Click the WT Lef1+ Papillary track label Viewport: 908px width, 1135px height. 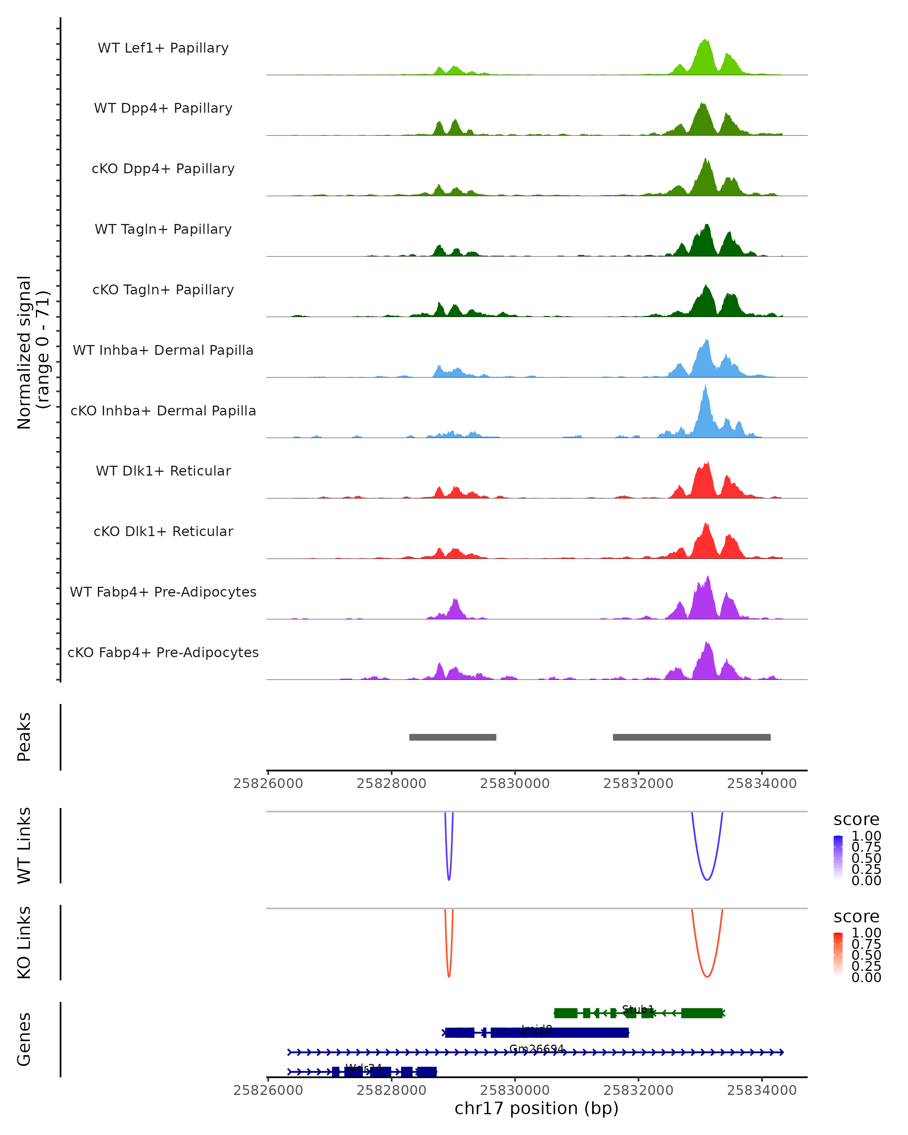[163, 48]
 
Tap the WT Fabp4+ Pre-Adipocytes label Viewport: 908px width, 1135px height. [163, 592]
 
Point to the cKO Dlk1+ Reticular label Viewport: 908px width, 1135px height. [163, 531]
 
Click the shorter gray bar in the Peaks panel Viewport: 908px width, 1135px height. [453, 737]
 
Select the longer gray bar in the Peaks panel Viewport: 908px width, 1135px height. [692, 737]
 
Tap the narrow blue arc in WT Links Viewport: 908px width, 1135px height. [448, 878]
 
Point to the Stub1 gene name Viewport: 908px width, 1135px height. [638, 1009]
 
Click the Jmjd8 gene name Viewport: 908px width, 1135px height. [536, 1029]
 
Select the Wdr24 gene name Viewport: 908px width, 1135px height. [363, 1068]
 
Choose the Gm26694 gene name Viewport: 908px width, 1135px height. [536, 1049]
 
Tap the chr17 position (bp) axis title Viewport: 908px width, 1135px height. [536, 1108]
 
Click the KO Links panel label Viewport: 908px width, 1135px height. [24, 942]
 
